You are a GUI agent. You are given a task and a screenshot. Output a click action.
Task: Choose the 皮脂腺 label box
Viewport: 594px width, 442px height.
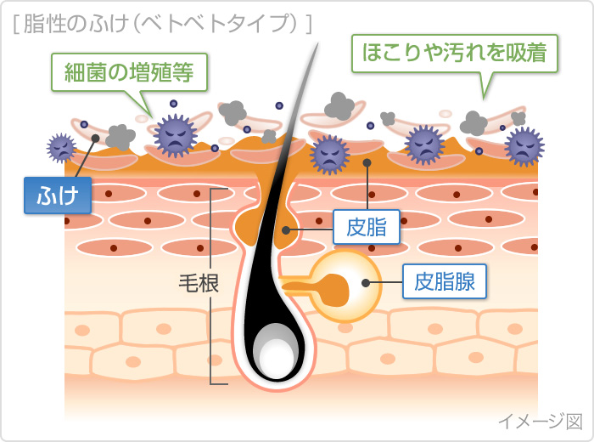(444, 280)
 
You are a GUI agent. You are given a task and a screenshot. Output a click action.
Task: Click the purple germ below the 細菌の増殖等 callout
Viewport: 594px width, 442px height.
(175, 134)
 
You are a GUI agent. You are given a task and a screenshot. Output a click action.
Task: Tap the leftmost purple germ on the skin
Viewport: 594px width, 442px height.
(61, 148)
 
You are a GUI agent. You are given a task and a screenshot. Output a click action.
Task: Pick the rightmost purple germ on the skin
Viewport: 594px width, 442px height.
(524, 145)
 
